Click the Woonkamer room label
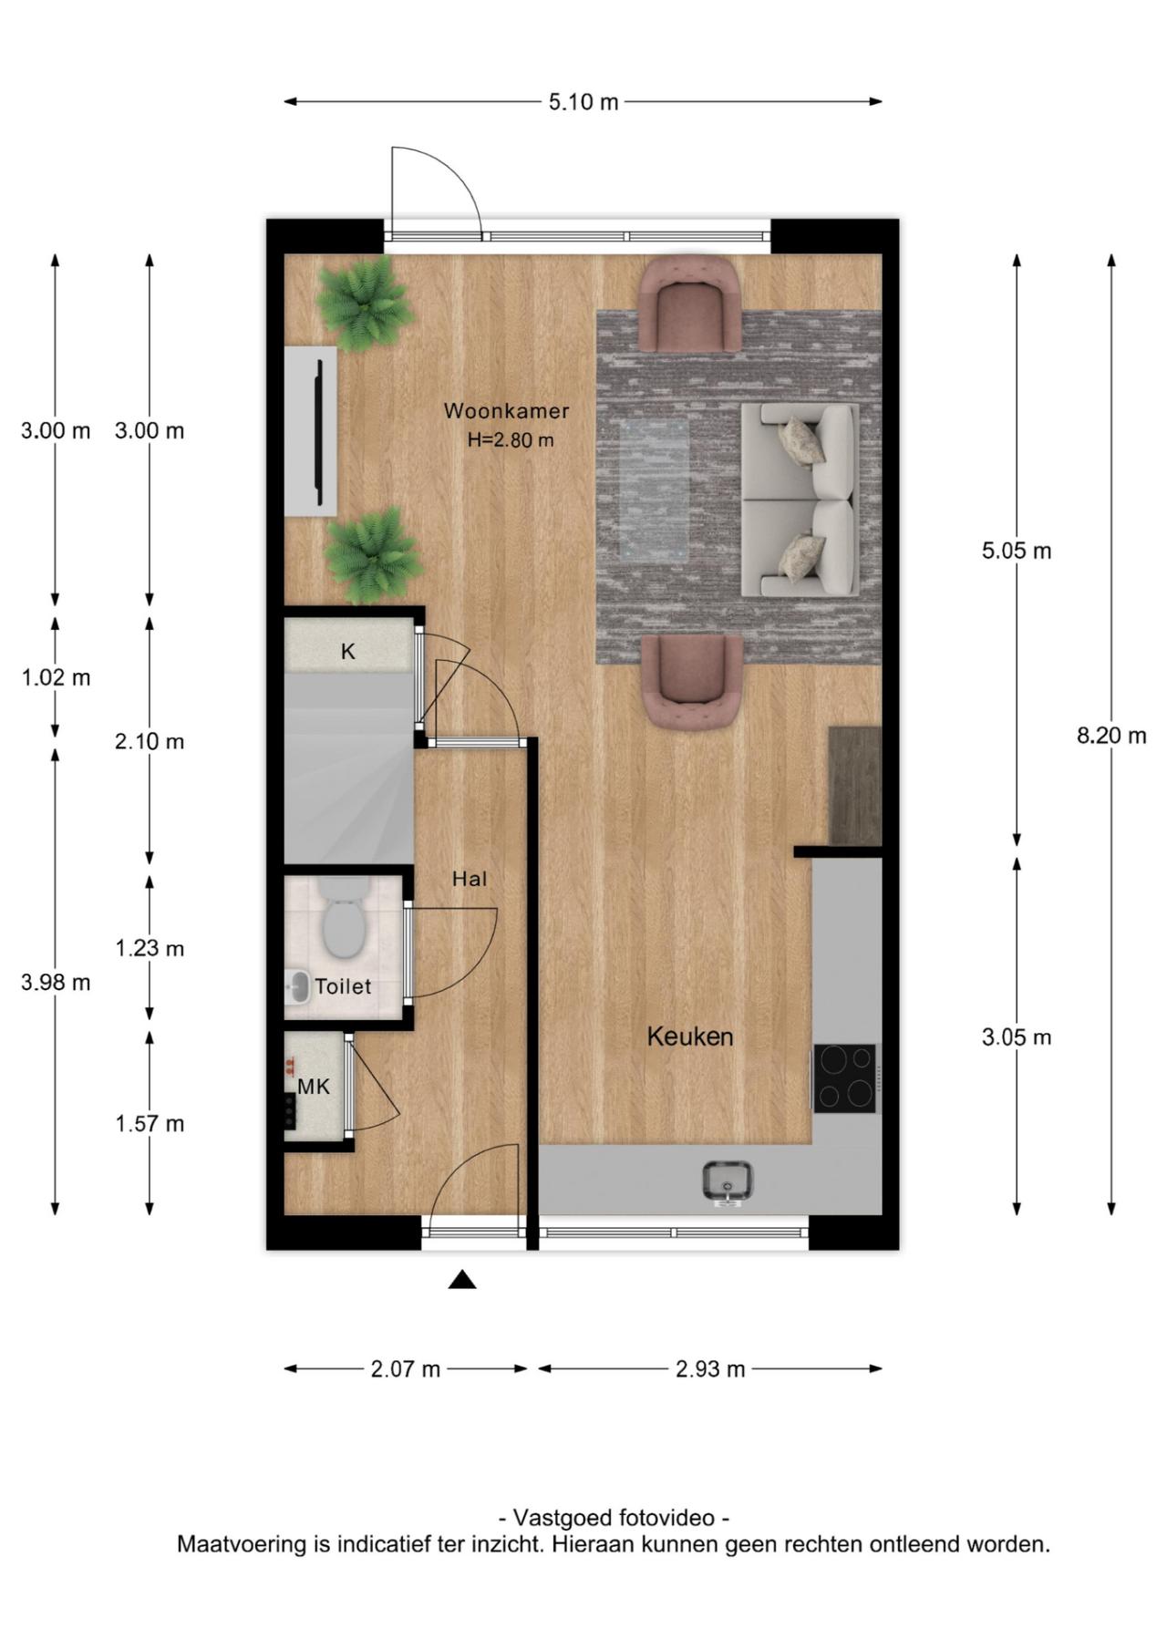click(x=506, y=411)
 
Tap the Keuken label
click(x=690, y=1036)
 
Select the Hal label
click(x=470, y=879)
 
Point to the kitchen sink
click(x=728, y=1182)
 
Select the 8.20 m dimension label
click(x=1111, y=736)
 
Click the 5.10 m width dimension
click(x=583, y=102)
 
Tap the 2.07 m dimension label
click(x=406, y=1369)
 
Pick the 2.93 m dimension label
click(x=710, y=1369)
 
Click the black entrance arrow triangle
click(x=462, y=1281)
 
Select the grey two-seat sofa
click(x=800, y=500)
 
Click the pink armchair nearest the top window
click(x=689, y=304)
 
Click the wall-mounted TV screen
click(x=320, y=432)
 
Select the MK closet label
click(x=314, y=1087)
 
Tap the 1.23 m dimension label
click(x=150, y=949)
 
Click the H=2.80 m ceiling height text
click(x=511, y=440)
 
